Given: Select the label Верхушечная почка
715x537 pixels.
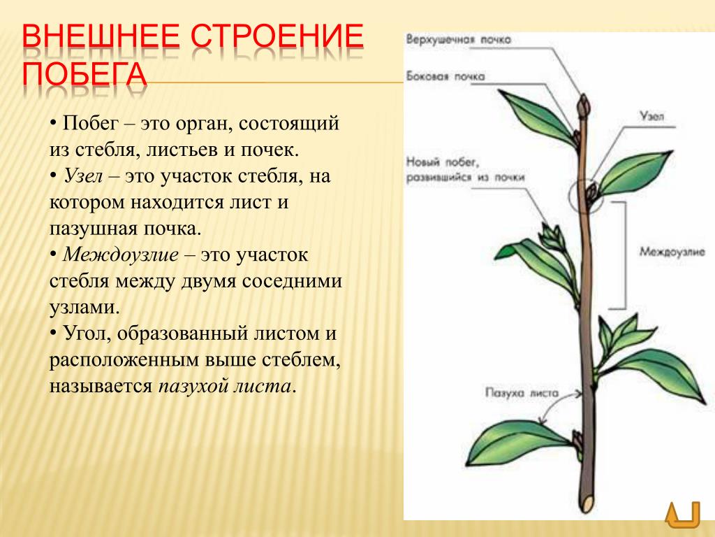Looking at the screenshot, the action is [x=458, y=39].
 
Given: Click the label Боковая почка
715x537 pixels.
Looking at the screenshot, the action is [x=445, y=76].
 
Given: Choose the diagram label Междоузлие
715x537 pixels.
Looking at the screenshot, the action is [x=672, y=251].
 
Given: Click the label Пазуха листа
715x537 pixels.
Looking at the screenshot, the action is [x=522, y=393].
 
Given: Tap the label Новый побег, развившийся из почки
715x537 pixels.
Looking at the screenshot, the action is [x=465, y=169].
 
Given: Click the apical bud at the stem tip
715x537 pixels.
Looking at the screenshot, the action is [x=584, y=106].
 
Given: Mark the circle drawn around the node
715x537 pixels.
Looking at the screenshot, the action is [x=570, y=196].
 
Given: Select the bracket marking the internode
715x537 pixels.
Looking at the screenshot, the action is [x=625, y=255].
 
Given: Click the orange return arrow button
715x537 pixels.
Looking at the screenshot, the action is [x=682, y=515].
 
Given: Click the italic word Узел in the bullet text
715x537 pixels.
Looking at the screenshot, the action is [x=83, y=176].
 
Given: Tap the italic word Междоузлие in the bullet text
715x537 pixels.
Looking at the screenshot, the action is [x=120, y=255].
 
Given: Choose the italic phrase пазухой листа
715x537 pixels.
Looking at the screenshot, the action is [x=224, y=386].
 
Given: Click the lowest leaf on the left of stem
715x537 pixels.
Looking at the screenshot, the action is [x=519, y=442].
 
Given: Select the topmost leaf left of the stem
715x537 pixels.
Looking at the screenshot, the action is [x=538, y=117].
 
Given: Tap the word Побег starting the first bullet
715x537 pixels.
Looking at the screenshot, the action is [x=91, y=123].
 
